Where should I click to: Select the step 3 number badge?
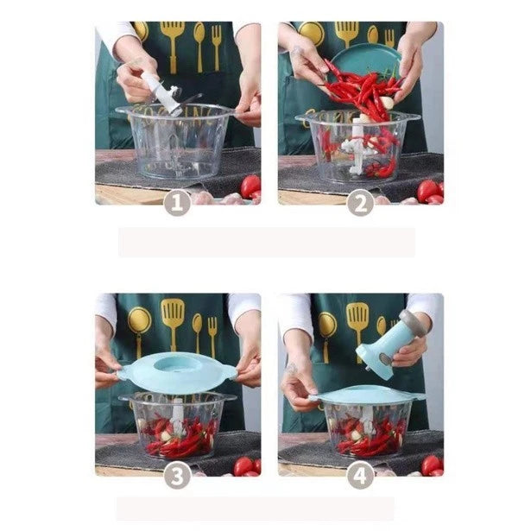177,474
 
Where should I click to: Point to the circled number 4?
360,474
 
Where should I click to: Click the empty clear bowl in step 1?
176,147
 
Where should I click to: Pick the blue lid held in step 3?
177,372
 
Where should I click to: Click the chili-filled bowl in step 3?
177,427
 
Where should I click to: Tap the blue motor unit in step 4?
381,346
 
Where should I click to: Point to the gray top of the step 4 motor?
412,322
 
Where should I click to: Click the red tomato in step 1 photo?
250,186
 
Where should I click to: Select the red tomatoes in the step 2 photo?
430,191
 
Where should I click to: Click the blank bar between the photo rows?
266,242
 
